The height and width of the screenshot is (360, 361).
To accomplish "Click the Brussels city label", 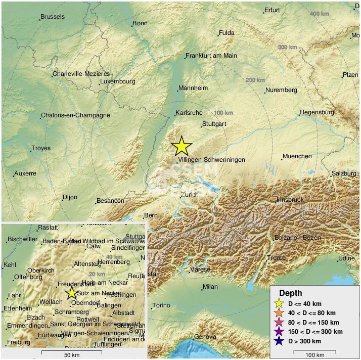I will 53,17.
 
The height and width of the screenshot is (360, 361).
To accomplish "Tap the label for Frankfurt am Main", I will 211,56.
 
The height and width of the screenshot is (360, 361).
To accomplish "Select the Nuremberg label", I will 281,90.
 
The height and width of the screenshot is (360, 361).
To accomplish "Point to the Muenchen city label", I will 297,156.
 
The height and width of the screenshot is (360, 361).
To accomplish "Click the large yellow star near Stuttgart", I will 182,146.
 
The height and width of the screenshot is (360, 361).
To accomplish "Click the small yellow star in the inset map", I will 71,293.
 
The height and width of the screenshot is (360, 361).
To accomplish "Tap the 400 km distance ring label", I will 319,13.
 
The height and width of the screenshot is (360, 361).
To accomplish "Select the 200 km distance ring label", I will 255,80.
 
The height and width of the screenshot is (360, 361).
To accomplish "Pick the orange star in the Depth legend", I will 278,312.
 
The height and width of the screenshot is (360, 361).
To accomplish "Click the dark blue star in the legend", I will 278,341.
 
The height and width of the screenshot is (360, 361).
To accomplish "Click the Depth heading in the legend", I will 291,293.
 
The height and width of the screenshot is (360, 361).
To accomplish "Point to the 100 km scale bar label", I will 314,355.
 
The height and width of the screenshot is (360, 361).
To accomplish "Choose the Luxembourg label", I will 117,81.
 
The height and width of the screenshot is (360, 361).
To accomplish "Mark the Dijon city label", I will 70,197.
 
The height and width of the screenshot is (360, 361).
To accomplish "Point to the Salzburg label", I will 344,173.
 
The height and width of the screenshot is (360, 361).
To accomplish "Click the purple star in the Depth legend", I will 278,331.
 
